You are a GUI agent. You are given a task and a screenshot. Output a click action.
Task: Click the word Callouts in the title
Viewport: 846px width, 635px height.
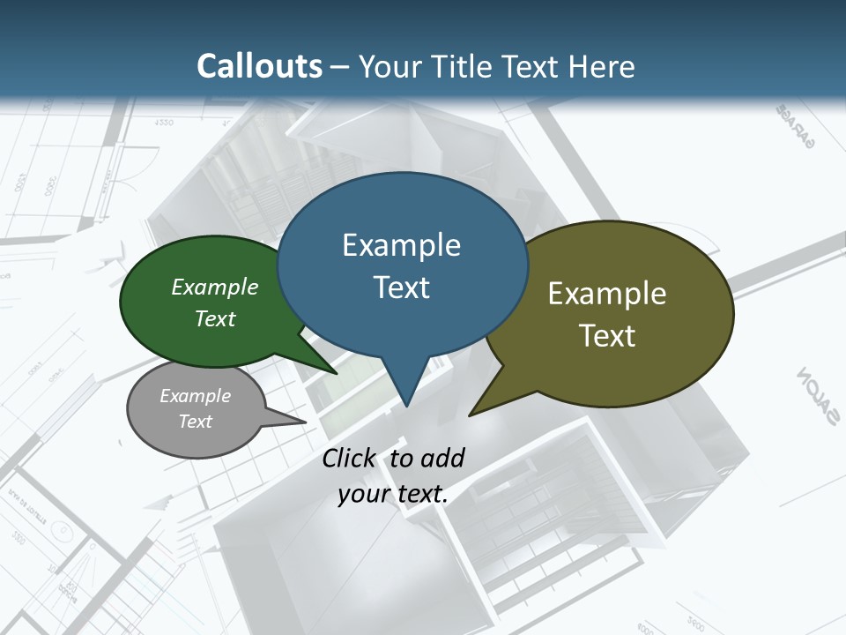[x=259, y=66]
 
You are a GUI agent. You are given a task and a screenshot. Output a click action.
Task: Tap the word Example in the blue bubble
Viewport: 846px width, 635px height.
[x=401, y=245]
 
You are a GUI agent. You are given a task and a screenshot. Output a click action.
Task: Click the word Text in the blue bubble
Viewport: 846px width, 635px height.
[x=401, y=288]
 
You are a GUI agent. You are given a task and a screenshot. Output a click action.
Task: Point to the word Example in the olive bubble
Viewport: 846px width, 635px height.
[x=607, y=294]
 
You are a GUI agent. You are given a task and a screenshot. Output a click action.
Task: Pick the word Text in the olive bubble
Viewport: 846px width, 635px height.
[x=607, y=336]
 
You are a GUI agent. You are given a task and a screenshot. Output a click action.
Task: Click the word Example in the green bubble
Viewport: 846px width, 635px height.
[x=215, y=288]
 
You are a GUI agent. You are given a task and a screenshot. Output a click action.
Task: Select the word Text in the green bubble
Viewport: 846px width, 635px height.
[x=215, y=319]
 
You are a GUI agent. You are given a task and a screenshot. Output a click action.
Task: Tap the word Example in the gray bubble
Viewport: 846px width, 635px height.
[x=195, y=396]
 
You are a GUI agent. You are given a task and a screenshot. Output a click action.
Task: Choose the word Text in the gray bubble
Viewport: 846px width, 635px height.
[x=195, y=422]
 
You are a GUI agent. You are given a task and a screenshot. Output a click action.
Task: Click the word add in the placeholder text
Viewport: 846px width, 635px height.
[x=442, y=458]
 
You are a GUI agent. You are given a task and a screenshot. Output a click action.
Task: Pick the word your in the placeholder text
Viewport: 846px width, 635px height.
[x=363, y=494]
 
